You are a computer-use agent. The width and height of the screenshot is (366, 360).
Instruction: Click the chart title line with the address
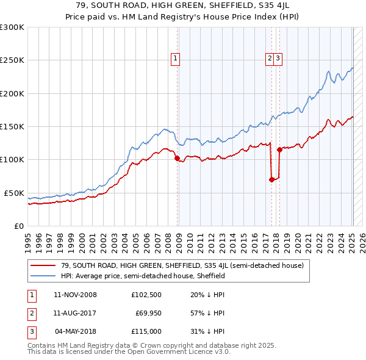(182, 5)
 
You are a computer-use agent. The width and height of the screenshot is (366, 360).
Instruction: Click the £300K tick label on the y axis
(12, 27)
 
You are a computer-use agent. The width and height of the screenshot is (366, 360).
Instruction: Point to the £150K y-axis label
(12, 126)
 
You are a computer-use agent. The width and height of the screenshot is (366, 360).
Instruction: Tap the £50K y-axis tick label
(14, 193)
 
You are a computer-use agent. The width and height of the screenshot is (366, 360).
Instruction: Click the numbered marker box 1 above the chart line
(175, 59)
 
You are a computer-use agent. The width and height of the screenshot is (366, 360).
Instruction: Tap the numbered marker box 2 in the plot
(269, 59)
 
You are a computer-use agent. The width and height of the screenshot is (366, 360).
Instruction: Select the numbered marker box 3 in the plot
(278, 59)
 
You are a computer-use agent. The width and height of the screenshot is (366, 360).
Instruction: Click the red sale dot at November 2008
(177, 158)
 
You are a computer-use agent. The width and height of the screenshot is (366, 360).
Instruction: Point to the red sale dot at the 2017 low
(271, 179)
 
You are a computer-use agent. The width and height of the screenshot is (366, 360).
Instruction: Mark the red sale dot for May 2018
(279, 149)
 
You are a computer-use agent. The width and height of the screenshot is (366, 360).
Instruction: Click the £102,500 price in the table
(146, 295)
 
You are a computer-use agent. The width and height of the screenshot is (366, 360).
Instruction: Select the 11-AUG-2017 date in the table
(75, 314)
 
